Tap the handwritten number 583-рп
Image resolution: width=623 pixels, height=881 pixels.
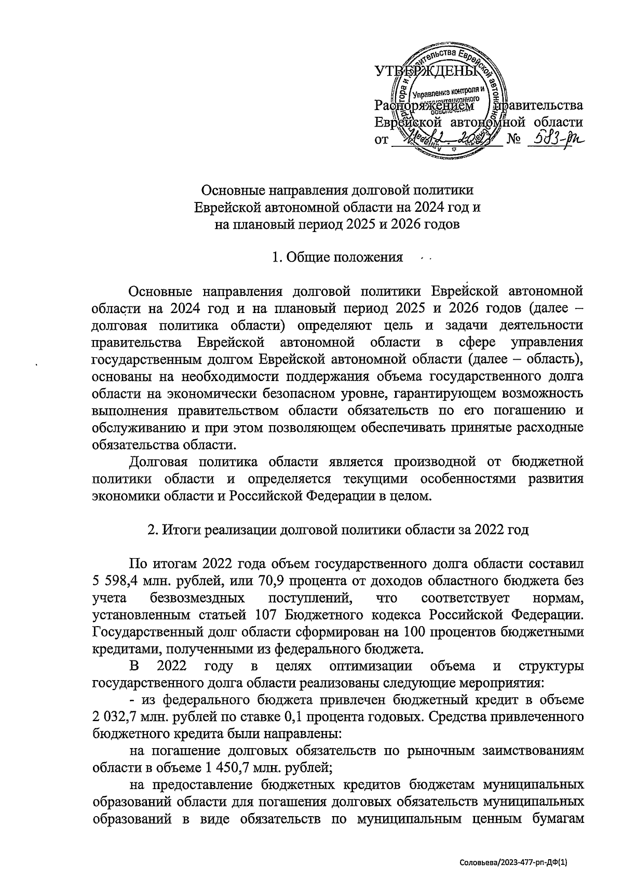(553, 139)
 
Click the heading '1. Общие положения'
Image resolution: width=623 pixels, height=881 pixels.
(337, 257)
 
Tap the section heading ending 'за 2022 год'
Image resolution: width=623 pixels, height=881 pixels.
(338, 530)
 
